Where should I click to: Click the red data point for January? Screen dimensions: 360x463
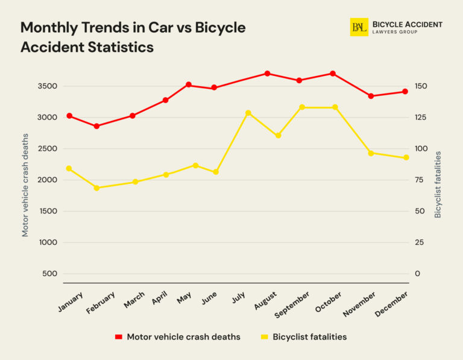tap(69, 116)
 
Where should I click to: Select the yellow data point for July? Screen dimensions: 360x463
tap(248, 113)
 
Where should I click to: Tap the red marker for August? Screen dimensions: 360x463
tap(267, 74)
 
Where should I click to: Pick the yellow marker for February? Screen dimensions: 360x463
tap(96, 188)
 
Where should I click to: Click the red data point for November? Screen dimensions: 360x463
tap(371, 96)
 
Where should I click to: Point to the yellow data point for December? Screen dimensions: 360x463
tap(406, 158)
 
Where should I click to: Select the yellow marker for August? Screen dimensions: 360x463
tap(278, 136)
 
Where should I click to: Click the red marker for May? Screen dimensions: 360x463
tap(189, 84)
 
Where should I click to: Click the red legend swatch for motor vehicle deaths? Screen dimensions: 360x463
tap(119, 337)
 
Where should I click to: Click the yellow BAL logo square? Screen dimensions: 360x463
tap(359, 27)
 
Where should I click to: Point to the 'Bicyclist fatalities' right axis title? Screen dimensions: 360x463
tap(438, 185)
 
